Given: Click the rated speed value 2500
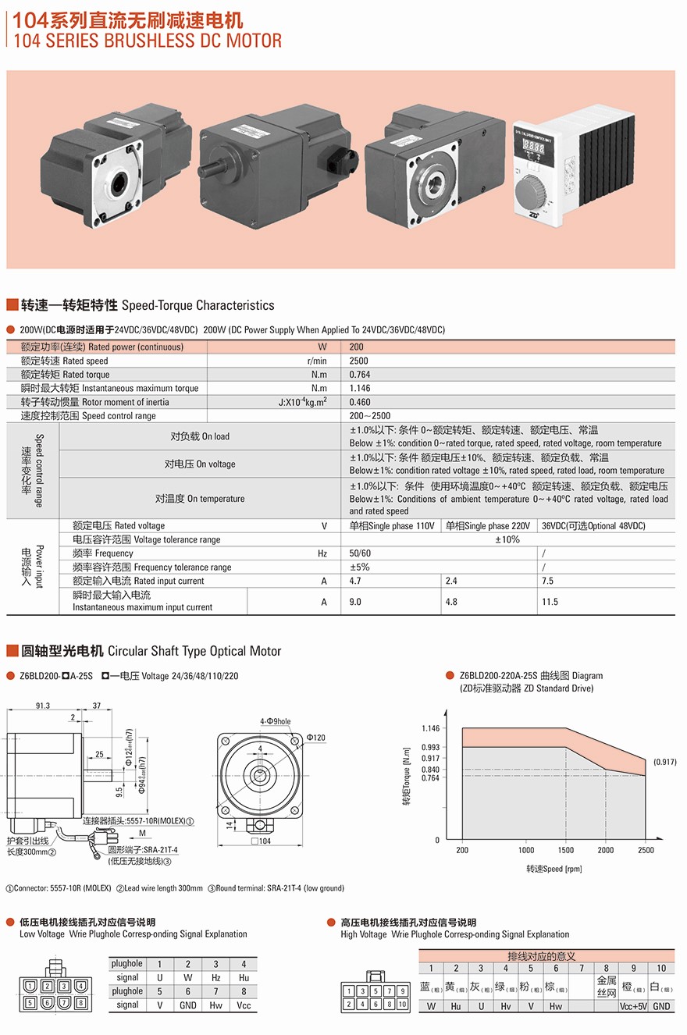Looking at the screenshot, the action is click(x=359, y=361).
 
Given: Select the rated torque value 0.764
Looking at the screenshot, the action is click(x=359, y=375).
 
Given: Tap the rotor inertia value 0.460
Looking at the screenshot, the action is click(x=359, y=402).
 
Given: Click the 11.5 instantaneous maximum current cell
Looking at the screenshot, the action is click(x=550, y=602).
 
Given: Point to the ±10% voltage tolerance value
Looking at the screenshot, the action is click(x=507, y=539).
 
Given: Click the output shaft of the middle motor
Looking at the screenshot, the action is click(x=212, y=170).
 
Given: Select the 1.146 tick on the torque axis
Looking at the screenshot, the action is click(x=430, y=728).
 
